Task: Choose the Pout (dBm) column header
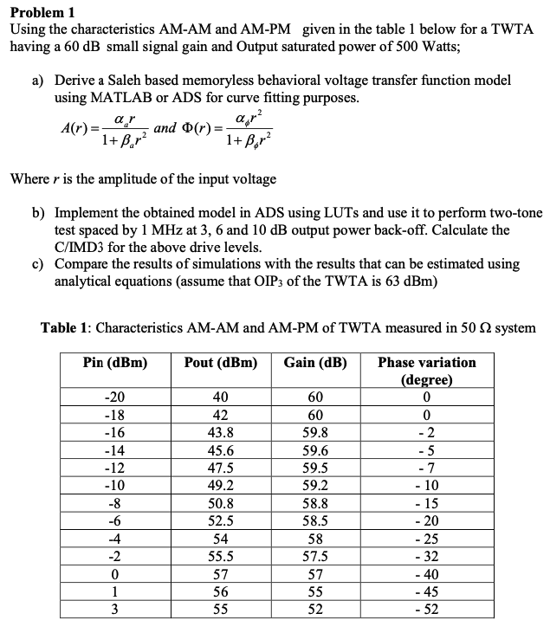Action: point(220,363)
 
